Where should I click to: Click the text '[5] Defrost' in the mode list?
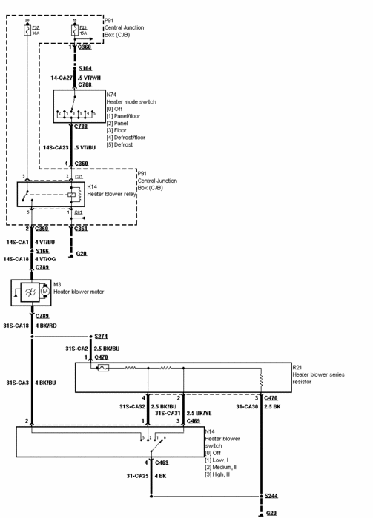coord(120,144)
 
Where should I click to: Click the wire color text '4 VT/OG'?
coord(48,259)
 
